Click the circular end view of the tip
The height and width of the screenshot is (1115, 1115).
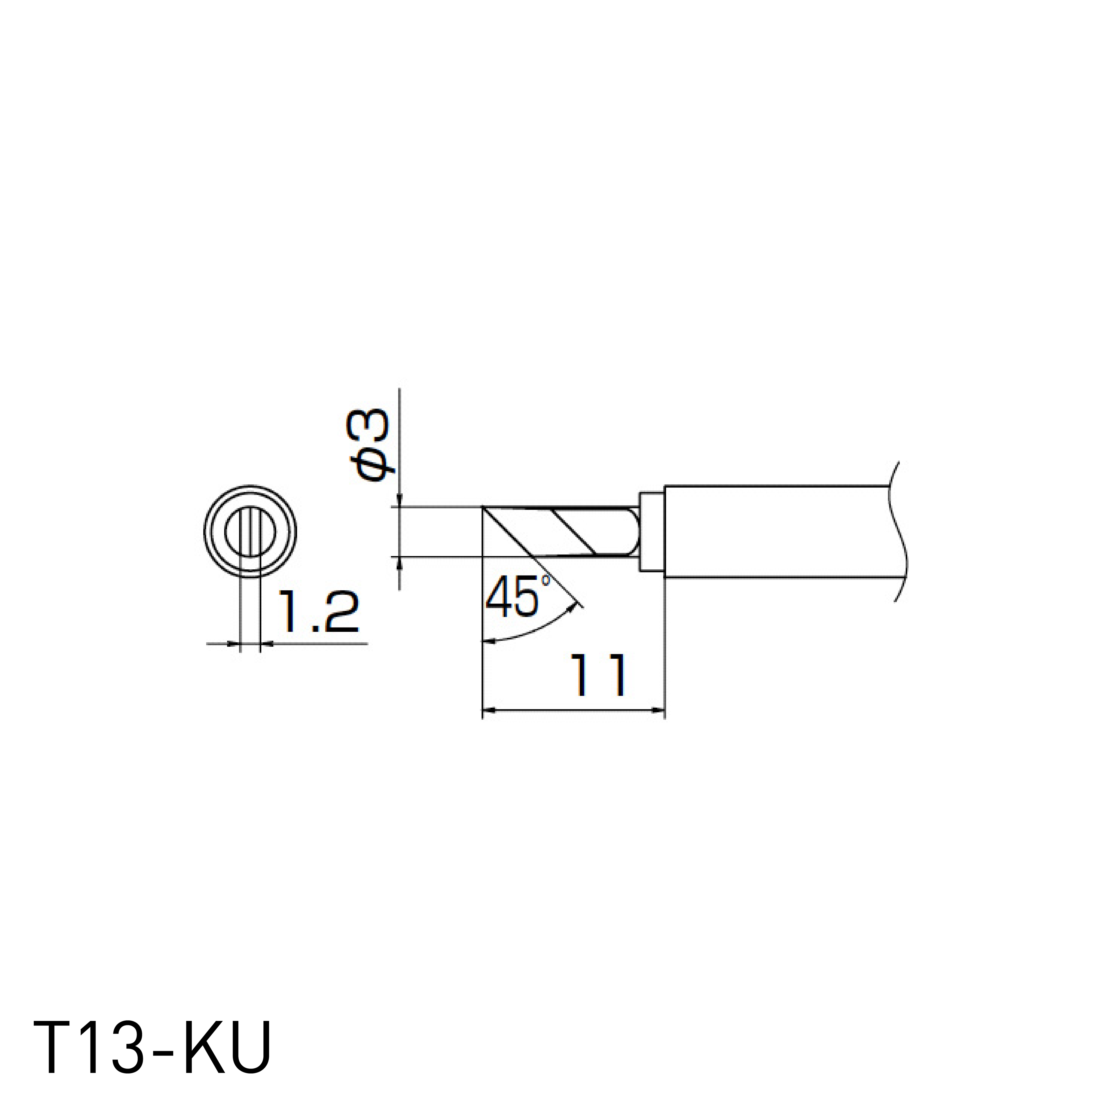(x=251, y=531)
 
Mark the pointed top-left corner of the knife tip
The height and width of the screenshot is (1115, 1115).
(x=484, y=508)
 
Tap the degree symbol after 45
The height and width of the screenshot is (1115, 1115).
(x=545, y=580)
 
